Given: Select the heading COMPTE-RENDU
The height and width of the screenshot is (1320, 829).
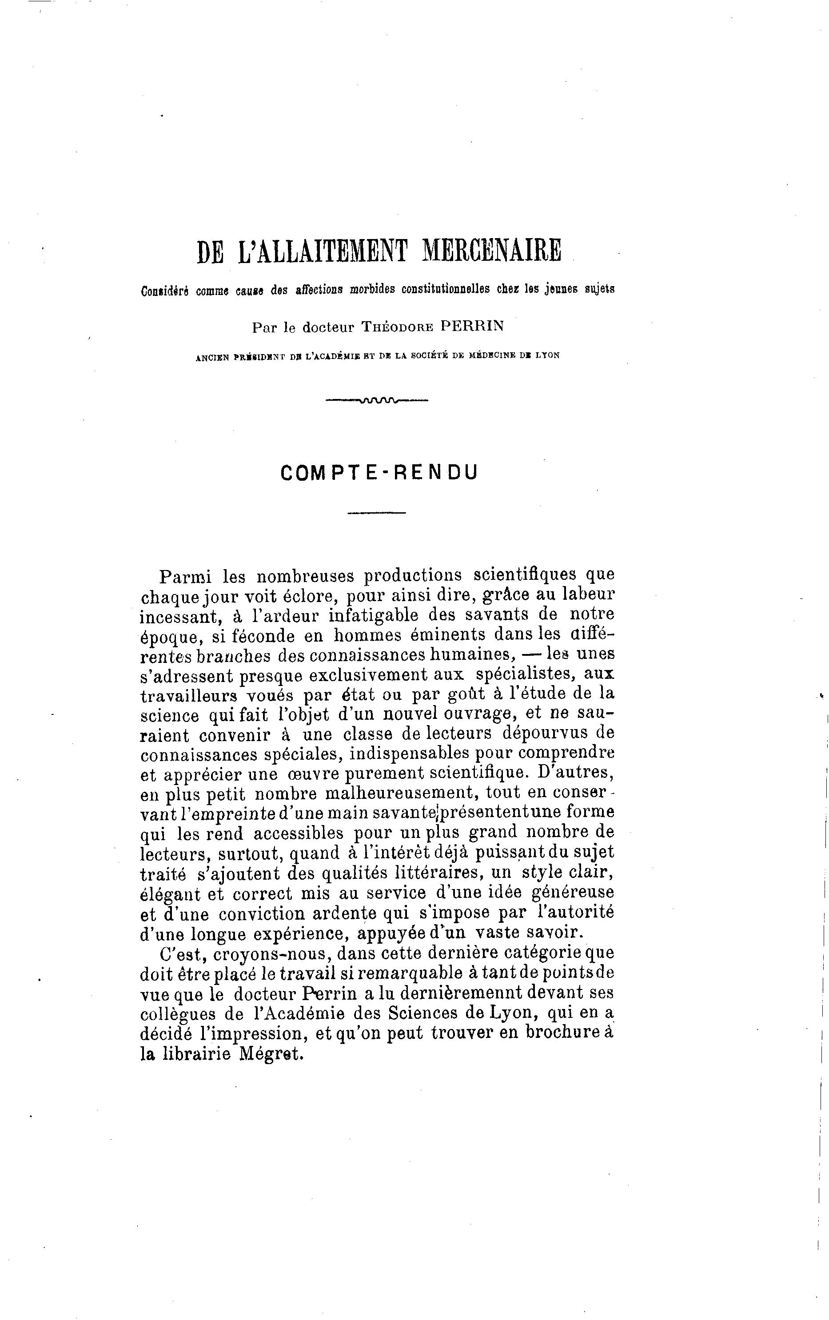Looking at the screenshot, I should (x=379, y=473).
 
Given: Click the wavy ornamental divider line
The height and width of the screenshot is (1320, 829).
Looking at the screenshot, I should (x=377, y=400).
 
